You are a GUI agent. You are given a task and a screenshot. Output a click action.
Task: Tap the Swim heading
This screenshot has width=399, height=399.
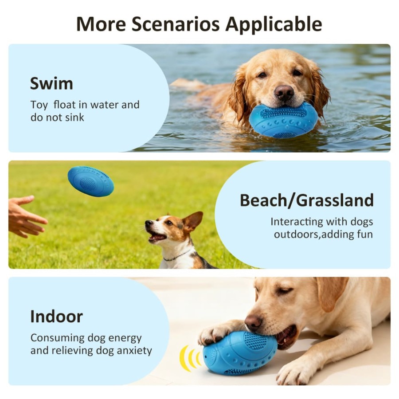[x=51, y=83]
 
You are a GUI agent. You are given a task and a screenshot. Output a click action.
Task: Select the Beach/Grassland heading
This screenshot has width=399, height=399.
[x=306, y=200]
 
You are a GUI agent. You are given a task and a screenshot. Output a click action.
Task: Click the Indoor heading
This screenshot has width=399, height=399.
[x=56, y=317]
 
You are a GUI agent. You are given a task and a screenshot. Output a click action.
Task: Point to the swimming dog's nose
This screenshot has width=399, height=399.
[x=284, y=92]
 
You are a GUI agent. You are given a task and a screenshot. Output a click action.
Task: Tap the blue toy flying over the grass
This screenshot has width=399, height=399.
[x=90, y=181]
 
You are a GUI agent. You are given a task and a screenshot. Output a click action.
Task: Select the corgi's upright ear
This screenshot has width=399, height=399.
[x=193, y=220]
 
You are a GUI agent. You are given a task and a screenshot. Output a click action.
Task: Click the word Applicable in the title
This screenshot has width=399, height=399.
[x=274, y=24]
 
